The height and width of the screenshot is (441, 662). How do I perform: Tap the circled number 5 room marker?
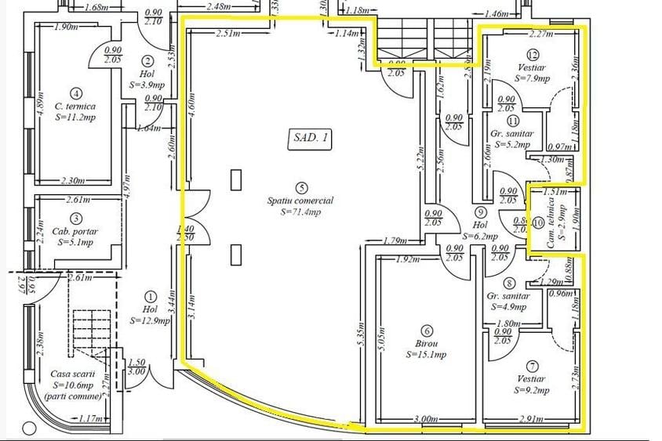point(301,187)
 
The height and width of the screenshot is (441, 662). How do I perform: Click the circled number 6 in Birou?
point(427,330)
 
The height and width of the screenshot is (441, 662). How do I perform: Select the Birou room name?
point(427,343)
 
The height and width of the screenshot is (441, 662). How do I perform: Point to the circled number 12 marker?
point(533,55)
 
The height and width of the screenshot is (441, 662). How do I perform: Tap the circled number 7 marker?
point(533,366)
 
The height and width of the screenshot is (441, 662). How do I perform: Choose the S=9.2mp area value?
point(533,389)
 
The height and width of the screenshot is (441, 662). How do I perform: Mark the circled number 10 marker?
point(538,223)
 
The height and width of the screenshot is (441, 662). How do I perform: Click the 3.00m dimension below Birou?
point(427,419)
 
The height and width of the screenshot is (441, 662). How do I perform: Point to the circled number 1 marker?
point(151,297)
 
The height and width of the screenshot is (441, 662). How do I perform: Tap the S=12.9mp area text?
point(151,320)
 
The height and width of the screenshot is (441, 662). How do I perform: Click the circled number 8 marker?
point(510,284)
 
